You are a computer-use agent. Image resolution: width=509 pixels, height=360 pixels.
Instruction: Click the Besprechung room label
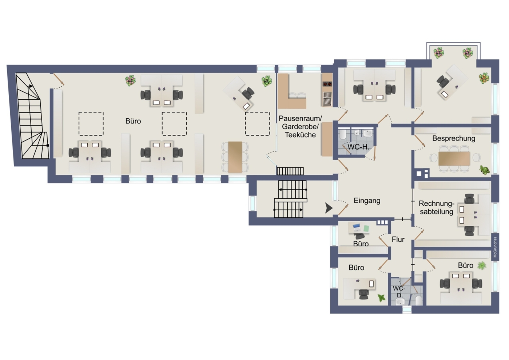454,138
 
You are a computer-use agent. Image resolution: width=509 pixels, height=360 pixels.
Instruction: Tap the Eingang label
367,201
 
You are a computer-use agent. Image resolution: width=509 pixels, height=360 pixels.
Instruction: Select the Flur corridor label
398,239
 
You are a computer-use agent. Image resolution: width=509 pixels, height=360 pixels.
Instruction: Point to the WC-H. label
358,147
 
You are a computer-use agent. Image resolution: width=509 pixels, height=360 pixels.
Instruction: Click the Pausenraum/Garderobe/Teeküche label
301,127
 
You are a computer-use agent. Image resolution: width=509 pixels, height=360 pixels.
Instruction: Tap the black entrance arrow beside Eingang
329,208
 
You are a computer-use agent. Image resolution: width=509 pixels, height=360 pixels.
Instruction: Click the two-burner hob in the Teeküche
327,84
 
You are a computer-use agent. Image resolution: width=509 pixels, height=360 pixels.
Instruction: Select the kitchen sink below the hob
327,99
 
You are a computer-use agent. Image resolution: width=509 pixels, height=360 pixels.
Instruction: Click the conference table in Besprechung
454,159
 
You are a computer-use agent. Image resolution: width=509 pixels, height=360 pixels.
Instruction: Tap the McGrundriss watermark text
495,247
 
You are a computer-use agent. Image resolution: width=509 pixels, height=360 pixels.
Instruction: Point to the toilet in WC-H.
343,135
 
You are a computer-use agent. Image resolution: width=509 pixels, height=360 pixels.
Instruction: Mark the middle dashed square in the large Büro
174,124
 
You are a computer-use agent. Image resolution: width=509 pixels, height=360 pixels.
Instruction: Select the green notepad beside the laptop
366,228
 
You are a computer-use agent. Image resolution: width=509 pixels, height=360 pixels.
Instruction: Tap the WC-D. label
399,292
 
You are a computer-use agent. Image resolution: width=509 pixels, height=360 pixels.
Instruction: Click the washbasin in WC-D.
399,302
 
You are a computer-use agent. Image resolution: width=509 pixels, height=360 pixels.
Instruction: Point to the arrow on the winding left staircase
30,86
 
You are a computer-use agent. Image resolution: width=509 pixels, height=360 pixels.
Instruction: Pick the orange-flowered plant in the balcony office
484,78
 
